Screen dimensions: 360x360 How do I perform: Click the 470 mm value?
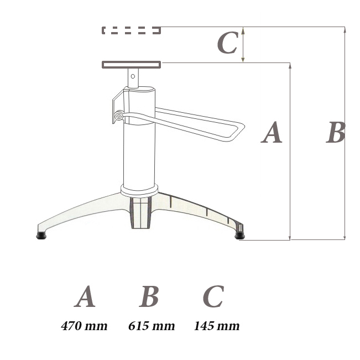84,326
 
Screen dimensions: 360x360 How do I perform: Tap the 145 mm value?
217,326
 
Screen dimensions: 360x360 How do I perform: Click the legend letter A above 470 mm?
85,297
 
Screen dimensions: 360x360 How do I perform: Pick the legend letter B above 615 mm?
149,297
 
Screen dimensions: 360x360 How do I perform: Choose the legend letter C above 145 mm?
213,297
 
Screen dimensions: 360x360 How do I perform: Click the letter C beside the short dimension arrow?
227,43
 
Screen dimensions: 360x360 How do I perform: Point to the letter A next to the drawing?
272,133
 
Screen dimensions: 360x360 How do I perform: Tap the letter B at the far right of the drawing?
336,133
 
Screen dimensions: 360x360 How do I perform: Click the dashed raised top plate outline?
131,30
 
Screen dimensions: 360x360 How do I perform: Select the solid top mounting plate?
131,65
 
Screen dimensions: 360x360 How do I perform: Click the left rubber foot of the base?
41,236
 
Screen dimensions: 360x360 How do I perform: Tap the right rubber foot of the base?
239,236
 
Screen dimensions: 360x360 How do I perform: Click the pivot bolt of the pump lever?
118,116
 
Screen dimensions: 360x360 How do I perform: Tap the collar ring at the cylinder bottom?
140,189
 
